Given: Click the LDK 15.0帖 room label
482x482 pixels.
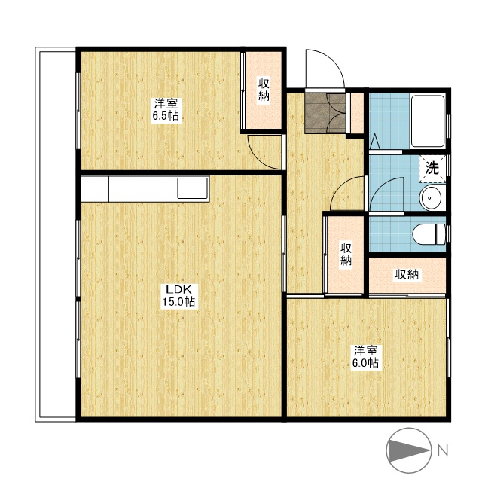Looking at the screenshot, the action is [178, 295].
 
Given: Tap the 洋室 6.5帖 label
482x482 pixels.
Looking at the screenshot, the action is [166, 110].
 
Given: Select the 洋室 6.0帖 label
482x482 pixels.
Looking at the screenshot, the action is [365, 357].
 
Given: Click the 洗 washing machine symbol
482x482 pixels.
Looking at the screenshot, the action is [432, 169].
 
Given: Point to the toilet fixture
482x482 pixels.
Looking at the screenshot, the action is [429, 234].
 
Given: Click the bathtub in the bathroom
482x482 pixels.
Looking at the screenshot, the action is [428, 121].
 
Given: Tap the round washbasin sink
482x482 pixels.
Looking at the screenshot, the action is [431, 198].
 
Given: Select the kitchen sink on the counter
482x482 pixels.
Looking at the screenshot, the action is [193, 188].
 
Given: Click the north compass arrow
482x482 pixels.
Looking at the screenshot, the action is [409, 451].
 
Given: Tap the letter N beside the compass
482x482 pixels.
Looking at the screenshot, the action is [443, 450].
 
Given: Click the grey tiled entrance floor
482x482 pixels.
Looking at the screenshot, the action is [325, 113].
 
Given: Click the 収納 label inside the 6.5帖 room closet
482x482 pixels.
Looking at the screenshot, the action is [264, 90].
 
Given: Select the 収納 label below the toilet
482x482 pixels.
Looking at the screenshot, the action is [407, 274].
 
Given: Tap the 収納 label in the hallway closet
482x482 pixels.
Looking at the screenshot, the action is [346, 255].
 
